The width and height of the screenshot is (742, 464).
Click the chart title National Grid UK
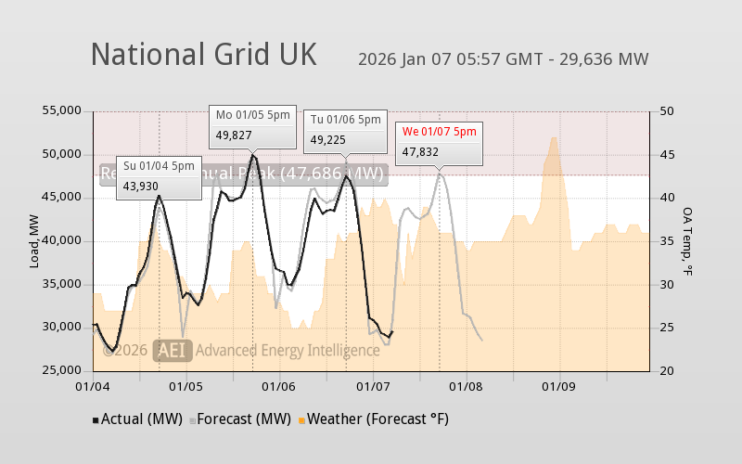click(203, 55)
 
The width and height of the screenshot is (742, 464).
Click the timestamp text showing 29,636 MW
click(503, 59)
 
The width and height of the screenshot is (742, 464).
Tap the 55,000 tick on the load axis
click(62, 111)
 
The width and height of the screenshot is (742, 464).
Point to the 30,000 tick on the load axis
click(62, 328)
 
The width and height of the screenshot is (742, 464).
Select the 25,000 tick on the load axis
click(62, 371)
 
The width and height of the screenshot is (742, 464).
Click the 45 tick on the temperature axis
click(666, 154)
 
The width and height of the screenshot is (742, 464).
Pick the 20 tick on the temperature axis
click(666, 371)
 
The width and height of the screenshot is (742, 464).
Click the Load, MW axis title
click(34, 241)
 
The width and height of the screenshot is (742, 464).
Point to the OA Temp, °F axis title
click(688, 241)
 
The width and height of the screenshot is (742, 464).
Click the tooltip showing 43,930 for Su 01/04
click(159, 176)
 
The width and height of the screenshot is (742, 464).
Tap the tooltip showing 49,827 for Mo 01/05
click(252, 125)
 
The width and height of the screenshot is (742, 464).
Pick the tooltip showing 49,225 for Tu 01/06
click(345, 130)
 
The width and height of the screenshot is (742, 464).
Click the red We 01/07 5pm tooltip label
click(439, 132)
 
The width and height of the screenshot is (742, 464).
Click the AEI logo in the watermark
click(173, 350)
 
